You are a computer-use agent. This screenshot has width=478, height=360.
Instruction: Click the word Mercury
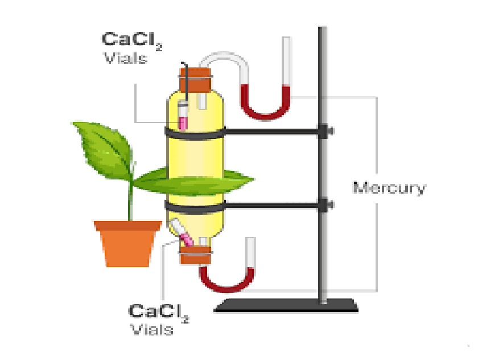[389, 188]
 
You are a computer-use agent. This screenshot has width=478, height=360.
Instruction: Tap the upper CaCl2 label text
[131, 40]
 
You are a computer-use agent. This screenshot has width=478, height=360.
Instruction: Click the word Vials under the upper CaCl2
[126, 58]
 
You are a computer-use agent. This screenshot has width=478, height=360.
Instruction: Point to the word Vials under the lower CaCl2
[152, 329]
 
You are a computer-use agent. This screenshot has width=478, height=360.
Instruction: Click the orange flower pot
[127, 243]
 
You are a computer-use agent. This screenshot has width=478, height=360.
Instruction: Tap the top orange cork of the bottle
[195, 80]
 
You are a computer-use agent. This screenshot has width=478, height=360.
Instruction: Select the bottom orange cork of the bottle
[196, 255]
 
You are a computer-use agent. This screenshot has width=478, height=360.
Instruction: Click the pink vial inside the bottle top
[183, 117]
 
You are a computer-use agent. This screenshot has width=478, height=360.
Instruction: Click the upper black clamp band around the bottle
[195, 133]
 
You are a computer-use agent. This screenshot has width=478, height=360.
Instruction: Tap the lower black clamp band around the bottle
[195, 207]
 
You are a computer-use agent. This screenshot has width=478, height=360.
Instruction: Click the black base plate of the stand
[286, 306]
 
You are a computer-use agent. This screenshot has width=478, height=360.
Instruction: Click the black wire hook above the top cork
[186, 80]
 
